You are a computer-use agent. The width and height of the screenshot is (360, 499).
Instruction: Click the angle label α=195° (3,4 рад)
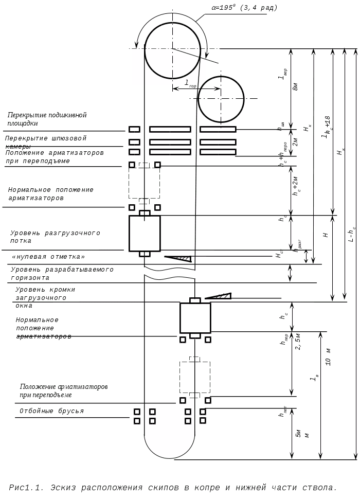245,8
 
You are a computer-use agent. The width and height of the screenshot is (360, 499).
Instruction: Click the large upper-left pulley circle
173,50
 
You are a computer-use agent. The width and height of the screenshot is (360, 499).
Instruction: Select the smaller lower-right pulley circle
221,99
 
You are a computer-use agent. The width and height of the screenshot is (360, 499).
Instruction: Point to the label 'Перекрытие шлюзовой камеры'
45,142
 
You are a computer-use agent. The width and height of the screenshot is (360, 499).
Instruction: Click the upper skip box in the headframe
145,233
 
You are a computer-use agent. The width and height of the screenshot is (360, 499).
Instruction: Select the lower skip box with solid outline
195,317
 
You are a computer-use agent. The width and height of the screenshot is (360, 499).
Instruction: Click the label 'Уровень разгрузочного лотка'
55,237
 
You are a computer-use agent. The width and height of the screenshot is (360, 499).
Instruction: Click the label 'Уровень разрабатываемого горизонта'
61,273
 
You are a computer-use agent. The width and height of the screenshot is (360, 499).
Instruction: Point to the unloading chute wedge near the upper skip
179,258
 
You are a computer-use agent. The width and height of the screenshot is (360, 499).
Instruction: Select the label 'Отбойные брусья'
51,412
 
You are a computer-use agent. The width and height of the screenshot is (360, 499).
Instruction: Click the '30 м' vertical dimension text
328,360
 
